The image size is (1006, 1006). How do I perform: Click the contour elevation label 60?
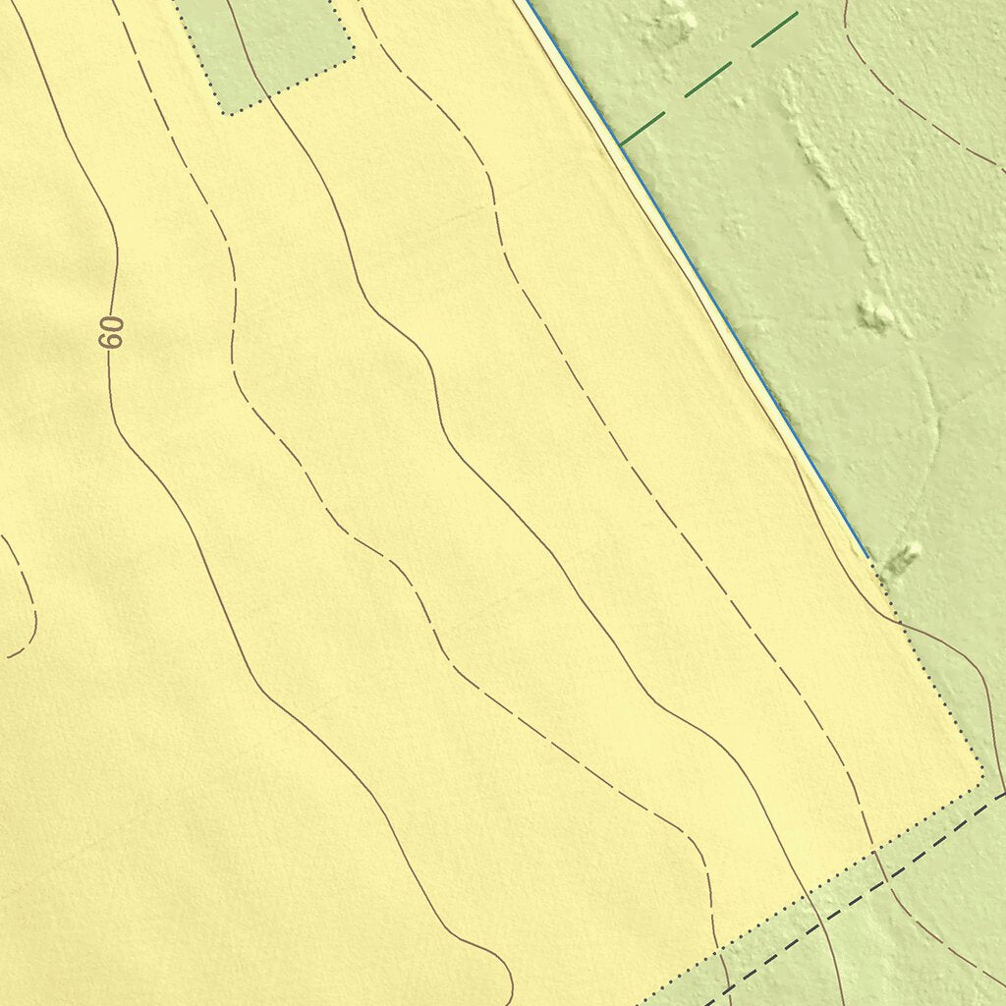pos(112,332)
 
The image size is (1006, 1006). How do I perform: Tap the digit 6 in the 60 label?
pos(112,340)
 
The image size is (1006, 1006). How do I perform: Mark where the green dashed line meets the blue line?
pos(620,145)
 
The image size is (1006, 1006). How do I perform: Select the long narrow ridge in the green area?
pos(830,167)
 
